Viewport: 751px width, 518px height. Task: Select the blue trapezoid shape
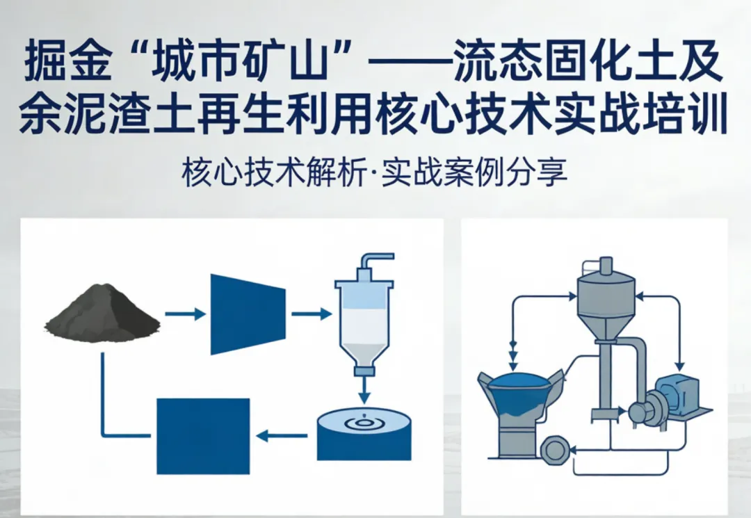(x=248, y=314)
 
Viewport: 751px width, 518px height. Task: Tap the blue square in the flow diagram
(x=203, y=436)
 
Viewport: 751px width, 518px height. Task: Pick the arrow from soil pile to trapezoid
(x=184, y=314)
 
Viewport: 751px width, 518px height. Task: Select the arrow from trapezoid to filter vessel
(x=311, y=314)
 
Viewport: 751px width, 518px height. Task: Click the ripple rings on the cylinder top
(x=363, y=421)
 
